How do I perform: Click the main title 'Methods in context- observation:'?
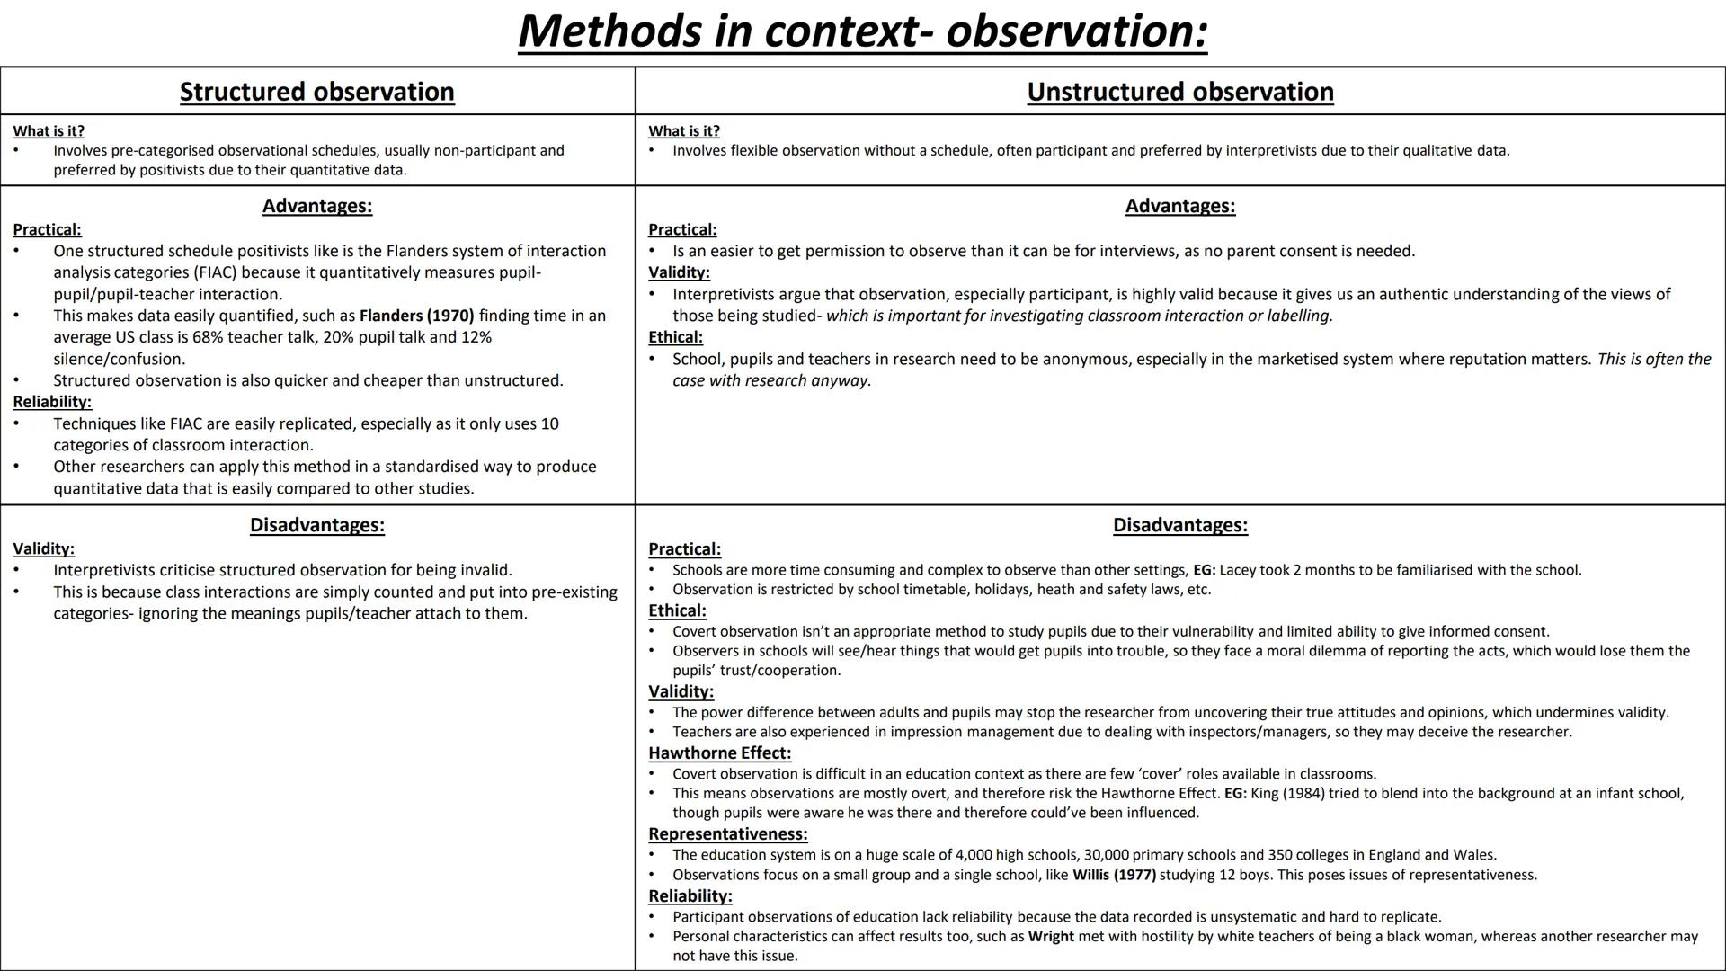(x=862, y=31)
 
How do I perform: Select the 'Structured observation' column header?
(x=316, y=92)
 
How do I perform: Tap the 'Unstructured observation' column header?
(x=1179, y=92)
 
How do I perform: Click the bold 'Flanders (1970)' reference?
(x=416, y=316)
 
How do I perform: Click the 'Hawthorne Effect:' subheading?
(x=719, y=753)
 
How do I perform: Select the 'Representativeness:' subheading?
(x=727, y=833)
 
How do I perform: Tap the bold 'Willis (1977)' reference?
(x=1114, y=875)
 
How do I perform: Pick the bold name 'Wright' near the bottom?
(x=1051, y=936)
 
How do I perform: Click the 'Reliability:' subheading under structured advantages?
(x=52, y=402)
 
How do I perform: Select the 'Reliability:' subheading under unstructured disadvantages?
(x=690, y=896)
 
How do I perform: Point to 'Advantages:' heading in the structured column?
(x=316, y=206)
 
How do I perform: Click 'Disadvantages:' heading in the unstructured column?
(x=1179, y=525)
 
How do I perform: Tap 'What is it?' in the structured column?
(x=49, y=131)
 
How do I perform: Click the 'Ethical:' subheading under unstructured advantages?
(x=675, y=337)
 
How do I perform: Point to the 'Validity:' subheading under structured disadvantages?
(x=43, y=548)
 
